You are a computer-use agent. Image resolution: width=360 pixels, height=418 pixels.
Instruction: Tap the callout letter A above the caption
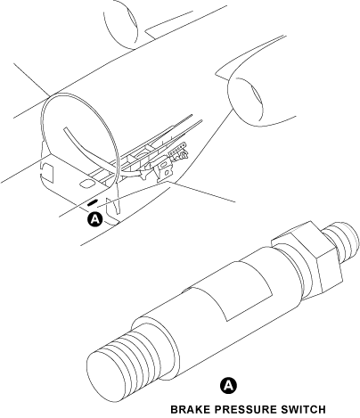[x=227, y=385]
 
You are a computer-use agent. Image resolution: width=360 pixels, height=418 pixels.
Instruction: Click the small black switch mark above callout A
[x=92, y=204]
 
